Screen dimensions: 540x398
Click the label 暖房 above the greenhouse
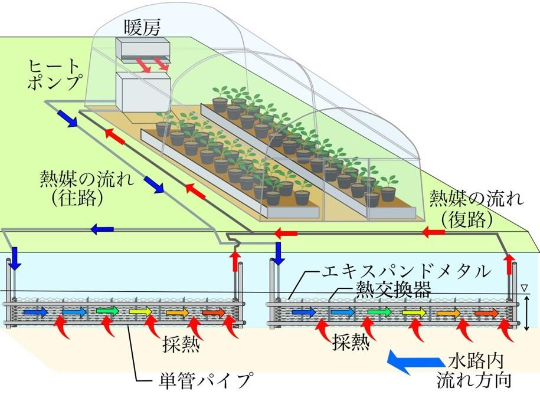(x=142, y=28)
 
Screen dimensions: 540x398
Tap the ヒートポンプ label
(x=55, y=75)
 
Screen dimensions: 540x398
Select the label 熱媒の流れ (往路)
(x=87, y=189)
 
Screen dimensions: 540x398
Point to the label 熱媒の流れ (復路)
(x=476, y=209)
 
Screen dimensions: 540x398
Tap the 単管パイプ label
(x=204, y=380)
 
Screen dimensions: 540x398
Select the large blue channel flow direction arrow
(x=414, y=362)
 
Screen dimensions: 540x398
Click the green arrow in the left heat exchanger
(x=107, y=312)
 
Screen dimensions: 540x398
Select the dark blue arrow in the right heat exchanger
(x=304, y=313)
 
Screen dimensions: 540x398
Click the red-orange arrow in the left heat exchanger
(x=214, y=313)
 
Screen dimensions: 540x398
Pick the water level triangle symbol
(x=525, y=288)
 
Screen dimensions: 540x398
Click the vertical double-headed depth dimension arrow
(x=525, y=313)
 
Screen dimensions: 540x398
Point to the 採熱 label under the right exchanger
(x=351, y=342)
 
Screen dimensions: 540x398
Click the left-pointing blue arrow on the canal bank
(x=102, y=228)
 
